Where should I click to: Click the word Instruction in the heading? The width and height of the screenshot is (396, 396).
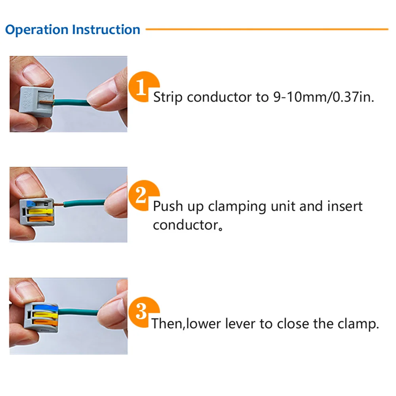coord(106,30)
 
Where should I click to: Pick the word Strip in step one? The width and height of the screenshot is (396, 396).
coord(168,97)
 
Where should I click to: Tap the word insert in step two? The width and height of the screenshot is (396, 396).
coord(345,207)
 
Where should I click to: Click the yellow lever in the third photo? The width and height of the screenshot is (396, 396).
coord(44,316)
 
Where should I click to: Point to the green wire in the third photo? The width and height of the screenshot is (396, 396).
coord(79,312)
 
